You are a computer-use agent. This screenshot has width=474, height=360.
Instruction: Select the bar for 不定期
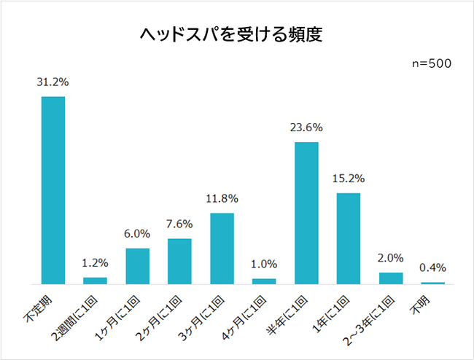[53, 189]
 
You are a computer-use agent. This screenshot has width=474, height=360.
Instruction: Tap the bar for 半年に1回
[306, 213]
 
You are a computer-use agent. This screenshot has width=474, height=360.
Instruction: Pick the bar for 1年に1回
[349, 238]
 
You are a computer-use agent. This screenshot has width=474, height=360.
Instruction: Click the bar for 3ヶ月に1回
[222, 248]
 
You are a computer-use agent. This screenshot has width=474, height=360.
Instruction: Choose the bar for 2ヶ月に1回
[179, 261]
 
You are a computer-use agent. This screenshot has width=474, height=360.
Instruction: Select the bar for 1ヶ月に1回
[137, 266]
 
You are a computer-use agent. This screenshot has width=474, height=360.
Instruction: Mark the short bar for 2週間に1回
[95, 280]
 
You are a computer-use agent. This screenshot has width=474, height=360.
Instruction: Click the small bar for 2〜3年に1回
[391, 278]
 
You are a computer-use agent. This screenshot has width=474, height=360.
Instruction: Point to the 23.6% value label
[306, 128]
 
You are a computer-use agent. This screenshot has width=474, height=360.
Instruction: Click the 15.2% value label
[349, 179]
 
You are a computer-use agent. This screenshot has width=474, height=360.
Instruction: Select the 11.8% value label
[222, 198]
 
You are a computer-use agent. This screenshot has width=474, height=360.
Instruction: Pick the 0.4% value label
[433, 267]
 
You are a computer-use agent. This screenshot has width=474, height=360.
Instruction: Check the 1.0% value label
[264, 264]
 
